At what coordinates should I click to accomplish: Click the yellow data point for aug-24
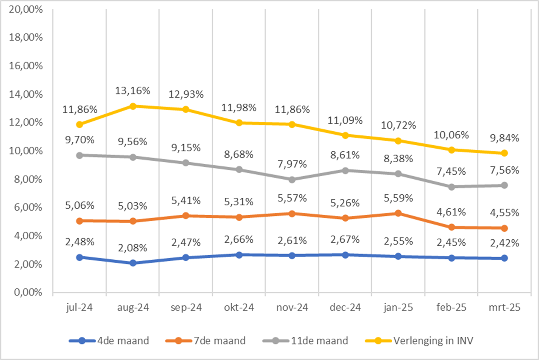[x=133, y=106]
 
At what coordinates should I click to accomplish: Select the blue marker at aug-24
[x=133, y=263]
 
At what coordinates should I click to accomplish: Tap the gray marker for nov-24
[x=292, y=180]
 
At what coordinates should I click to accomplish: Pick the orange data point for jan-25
[x=398, y=213]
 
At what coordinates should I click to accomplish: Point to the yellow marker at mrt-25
[x=504, y=153]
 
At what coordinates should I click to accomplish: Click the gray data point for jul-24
[x=80, y=155]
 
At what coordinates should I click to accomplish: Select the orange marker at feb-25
[x=451, y=227]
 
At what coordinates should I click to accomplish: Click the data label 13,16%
[x=133, y=91]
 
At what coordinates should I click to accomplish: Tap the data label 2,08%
[x=133, y=248]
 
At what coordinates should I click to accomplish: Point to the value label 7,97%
[x=292, y=164]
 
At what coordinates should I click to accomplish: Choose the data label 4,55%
[x=504, y=213]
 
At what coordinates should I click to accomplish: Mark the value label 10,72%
[x=398, y=125]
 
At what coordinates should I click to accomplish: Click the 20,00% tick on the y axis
[x=26, y=10]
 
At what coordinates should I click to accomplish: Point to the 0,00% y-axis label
[x=28, y=292]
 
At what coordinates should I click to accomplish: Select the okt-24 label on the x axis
[x=239, y=308]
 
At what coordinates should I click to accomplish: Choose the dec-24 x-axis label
[x=345, y=308]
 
